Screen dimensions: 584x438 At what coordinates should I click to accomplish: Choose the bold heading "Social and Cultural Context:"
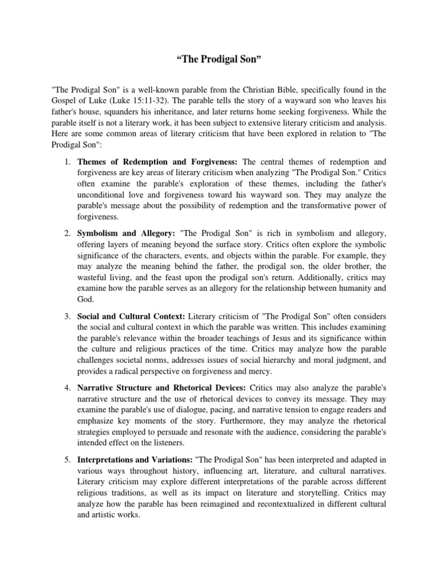131,316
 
